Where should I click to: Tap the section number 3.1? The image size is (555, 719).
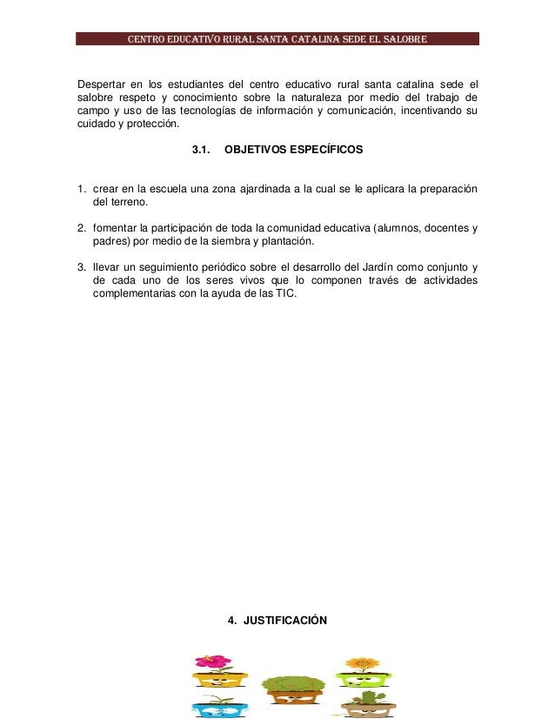click(x=201, y=151)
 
